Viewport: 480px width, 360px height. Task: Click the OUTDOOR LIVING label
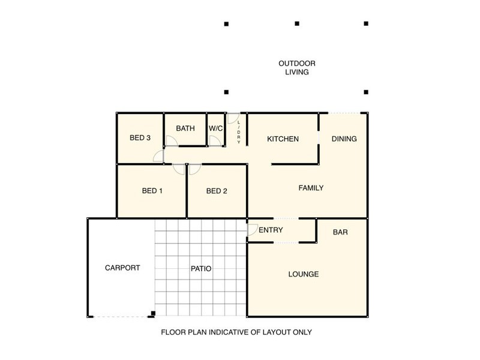pyautogui.click(x=296, y=68)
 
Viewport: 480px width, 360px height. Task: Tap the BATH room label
pyautogui.click(x=185, y=128)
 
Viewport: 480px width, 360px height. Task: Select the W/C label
pyautogui.click(x=215, y=128)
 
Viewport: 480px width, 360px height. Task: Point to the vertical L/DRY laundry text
pyautogui.click(x=239, y=132)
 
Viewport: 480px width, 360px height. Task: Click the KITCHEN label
pyautogui.click(x=283, y=139)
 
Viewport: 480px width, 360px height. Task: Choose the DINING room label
pyautogui.click(x=344, y=139)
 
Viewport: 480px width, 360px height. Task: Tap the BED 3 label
pyautogui.click(x=140, y=138)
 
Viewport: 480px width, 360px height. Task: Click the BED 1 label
pyautogui.click(x=152, y=191)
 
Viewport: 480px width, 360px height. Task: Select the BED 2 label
pyautogui.click(x=217, y=191)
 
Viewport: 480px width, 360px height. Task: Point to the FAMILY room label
pyautogui.click(x=311, y=188)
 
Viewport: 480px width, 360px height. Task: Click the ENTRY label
pyautogui.click(x=271, y=230)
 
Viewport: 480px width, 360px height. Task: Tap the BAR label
pyautogui.click(x=340, y=232)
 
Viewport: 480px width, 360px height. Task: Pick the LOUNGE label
pyautogui.click(x=304, y=274)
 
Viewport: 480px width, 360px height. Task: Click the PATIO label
pyautogui.click(x=201, y=268)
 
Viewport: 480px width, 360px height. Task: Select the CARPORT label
pyautogui.click(x=122, y=268)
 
